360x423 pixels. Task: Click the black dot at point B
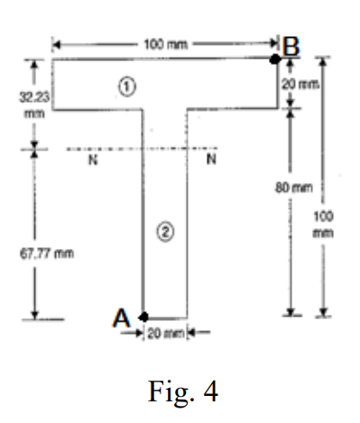[x=274, y=59]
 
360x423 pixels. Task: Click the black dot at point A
[x=144, y=317]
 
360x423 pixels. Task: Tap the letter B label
[x=290, y=44]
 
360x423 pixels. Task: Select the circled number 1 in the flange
[x=127, y=85]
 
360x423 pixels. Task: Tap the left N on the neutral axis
[x=91, y=161]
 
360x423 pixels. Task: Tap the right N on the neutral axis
[x=210, y=161]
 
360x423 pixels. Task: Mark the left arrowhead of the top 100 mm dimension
[x=55, y=42]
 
